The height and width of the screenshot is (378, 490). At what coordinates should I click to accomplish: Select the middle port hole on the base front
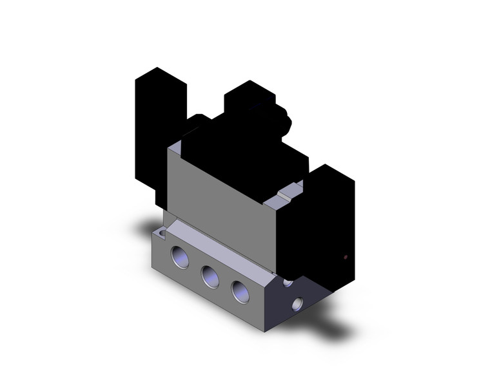point(210,276)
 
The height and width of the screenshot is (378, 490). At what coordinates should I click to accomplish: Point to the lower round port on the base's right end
point(297,302)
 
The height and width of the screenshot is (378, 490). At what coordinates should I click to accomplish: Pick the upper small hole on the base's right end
point(288,282)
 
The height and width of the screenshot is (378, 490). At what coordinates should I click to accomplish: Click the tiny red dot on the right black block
point(346,258)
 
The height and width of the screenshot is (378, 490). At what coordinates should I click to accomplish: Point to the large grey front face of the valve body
point(219,206)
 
